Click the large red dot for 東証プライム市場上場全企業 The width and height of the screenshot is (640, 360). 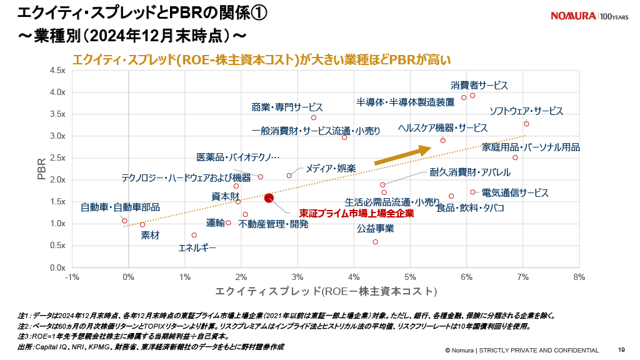coord(269,197)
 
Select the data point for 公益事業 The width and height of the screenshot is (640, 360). coord(375,242)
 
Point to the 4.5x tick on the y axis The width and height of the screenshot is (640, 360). coord(57,71)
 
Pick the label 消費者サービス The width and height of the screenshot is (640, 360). coord(479,85)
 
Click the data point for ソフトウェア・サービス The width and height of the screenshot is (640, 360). coord(526,124)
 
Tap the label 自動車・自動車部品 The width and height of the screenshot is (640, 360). coord(120,207)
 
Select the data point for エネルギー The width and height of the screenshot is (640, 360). coord(194,235)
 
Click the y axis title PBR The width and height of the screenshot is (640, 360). coord(41,169)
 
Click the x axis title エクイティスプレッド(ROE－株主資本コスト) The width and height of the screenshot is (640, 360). coord(326,292)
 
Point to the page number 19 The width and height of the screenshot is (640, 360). coord(621,350)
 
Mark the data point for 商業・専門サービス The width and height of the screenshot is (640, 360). coord(314,117)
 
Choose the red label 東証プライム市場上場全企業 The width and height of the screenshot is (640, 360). coord(356,214)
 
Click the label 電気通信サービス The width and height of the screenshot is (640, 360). coord(515,192)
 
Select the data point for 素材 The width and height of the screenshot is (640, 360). coord(142,224)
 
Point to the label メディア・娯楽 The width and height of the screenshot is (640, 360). coord(331,168)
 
